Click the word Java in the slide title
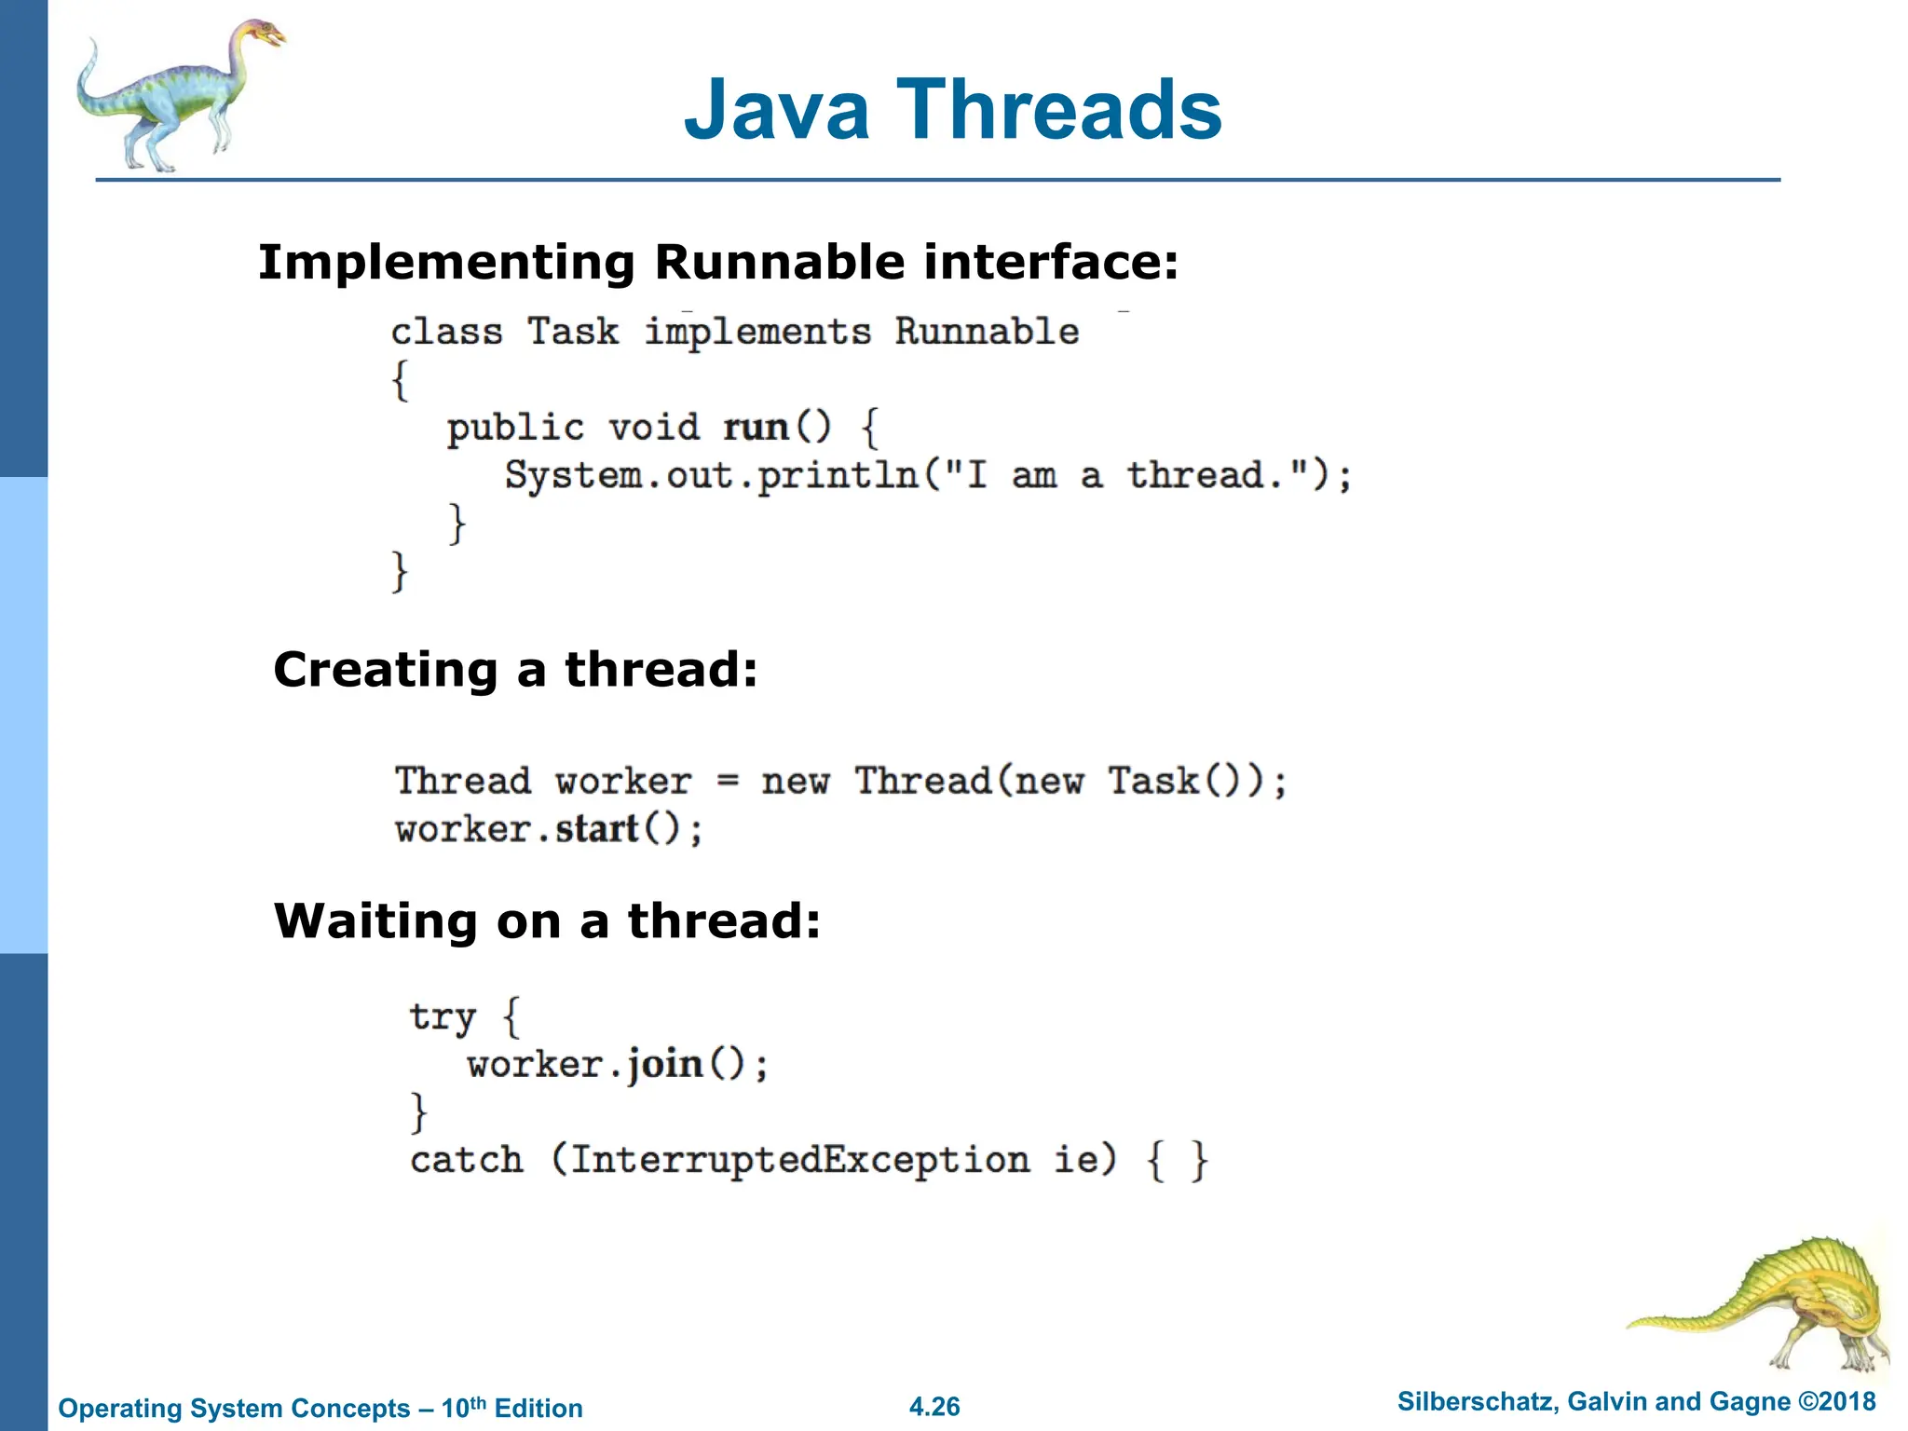click(x=776, y=110)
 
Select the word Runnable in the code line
click(x=987, y=332)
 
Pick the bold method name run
click(x=756, y=428)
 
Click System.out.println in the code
click(x=712, y=476)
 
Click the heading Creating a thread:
click(x=515, y=669)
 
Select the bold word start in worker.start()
click(x=596, y=829)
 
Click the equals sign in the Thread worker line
click(x=728, y=782)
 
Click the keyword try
click(x=443, y=1017)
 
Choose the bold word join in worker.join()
click(x=664, y=1065)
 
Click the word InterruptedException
click(x=799, y=1161)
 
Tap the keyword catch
click(x=467, y=1161)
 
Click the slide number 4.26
click(x=934, y=1407)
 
